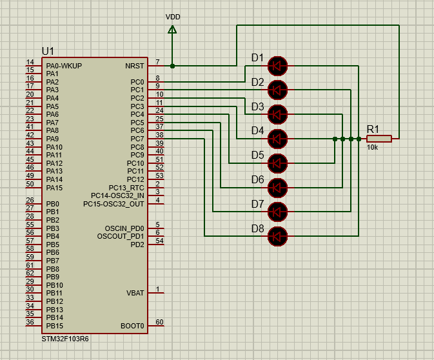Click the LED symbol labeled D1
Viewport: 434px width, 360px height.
[x=277, y=65]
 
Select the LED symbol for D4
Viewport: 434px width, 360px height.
[x=277, y=139]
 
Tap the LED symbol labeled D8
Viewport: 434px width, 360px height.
[x=277, y=237]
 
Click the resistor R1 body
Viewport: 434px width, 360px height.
[x=379, y=139]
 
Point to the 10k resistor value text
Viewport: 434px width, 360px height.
[x=373, y=148]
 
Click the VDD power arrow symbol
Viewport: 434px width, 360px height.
[x=172, y=29]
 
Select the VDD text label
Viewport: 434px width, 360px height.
[x=173, y=17]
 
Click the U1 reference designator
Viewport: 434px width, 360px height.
[x=48, y=52]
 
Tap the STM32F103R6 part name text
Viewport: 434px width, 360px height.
[x=65, y=339]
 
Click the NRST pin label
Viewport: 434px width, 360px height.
[x=134, y=66]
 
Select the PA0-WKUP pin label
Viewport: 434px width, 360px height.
[x=64, y=66]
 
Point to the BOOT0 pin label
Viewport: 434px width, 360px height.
[x=132, y=326]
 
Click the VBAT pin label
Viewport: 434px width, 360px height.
[x=135, y=293]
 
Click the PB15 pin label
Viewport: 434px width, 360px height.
[x=54, y=326]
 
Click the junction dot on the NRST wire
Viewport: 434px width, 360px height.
[x=172, y=66]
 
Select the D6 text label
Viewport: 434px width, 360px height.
[x=257, y=179]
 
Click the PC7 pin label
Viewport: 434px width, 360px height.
[x=137, y=139]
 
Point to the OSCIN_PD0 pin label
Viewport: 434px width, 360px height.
[x=124, y=228]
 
